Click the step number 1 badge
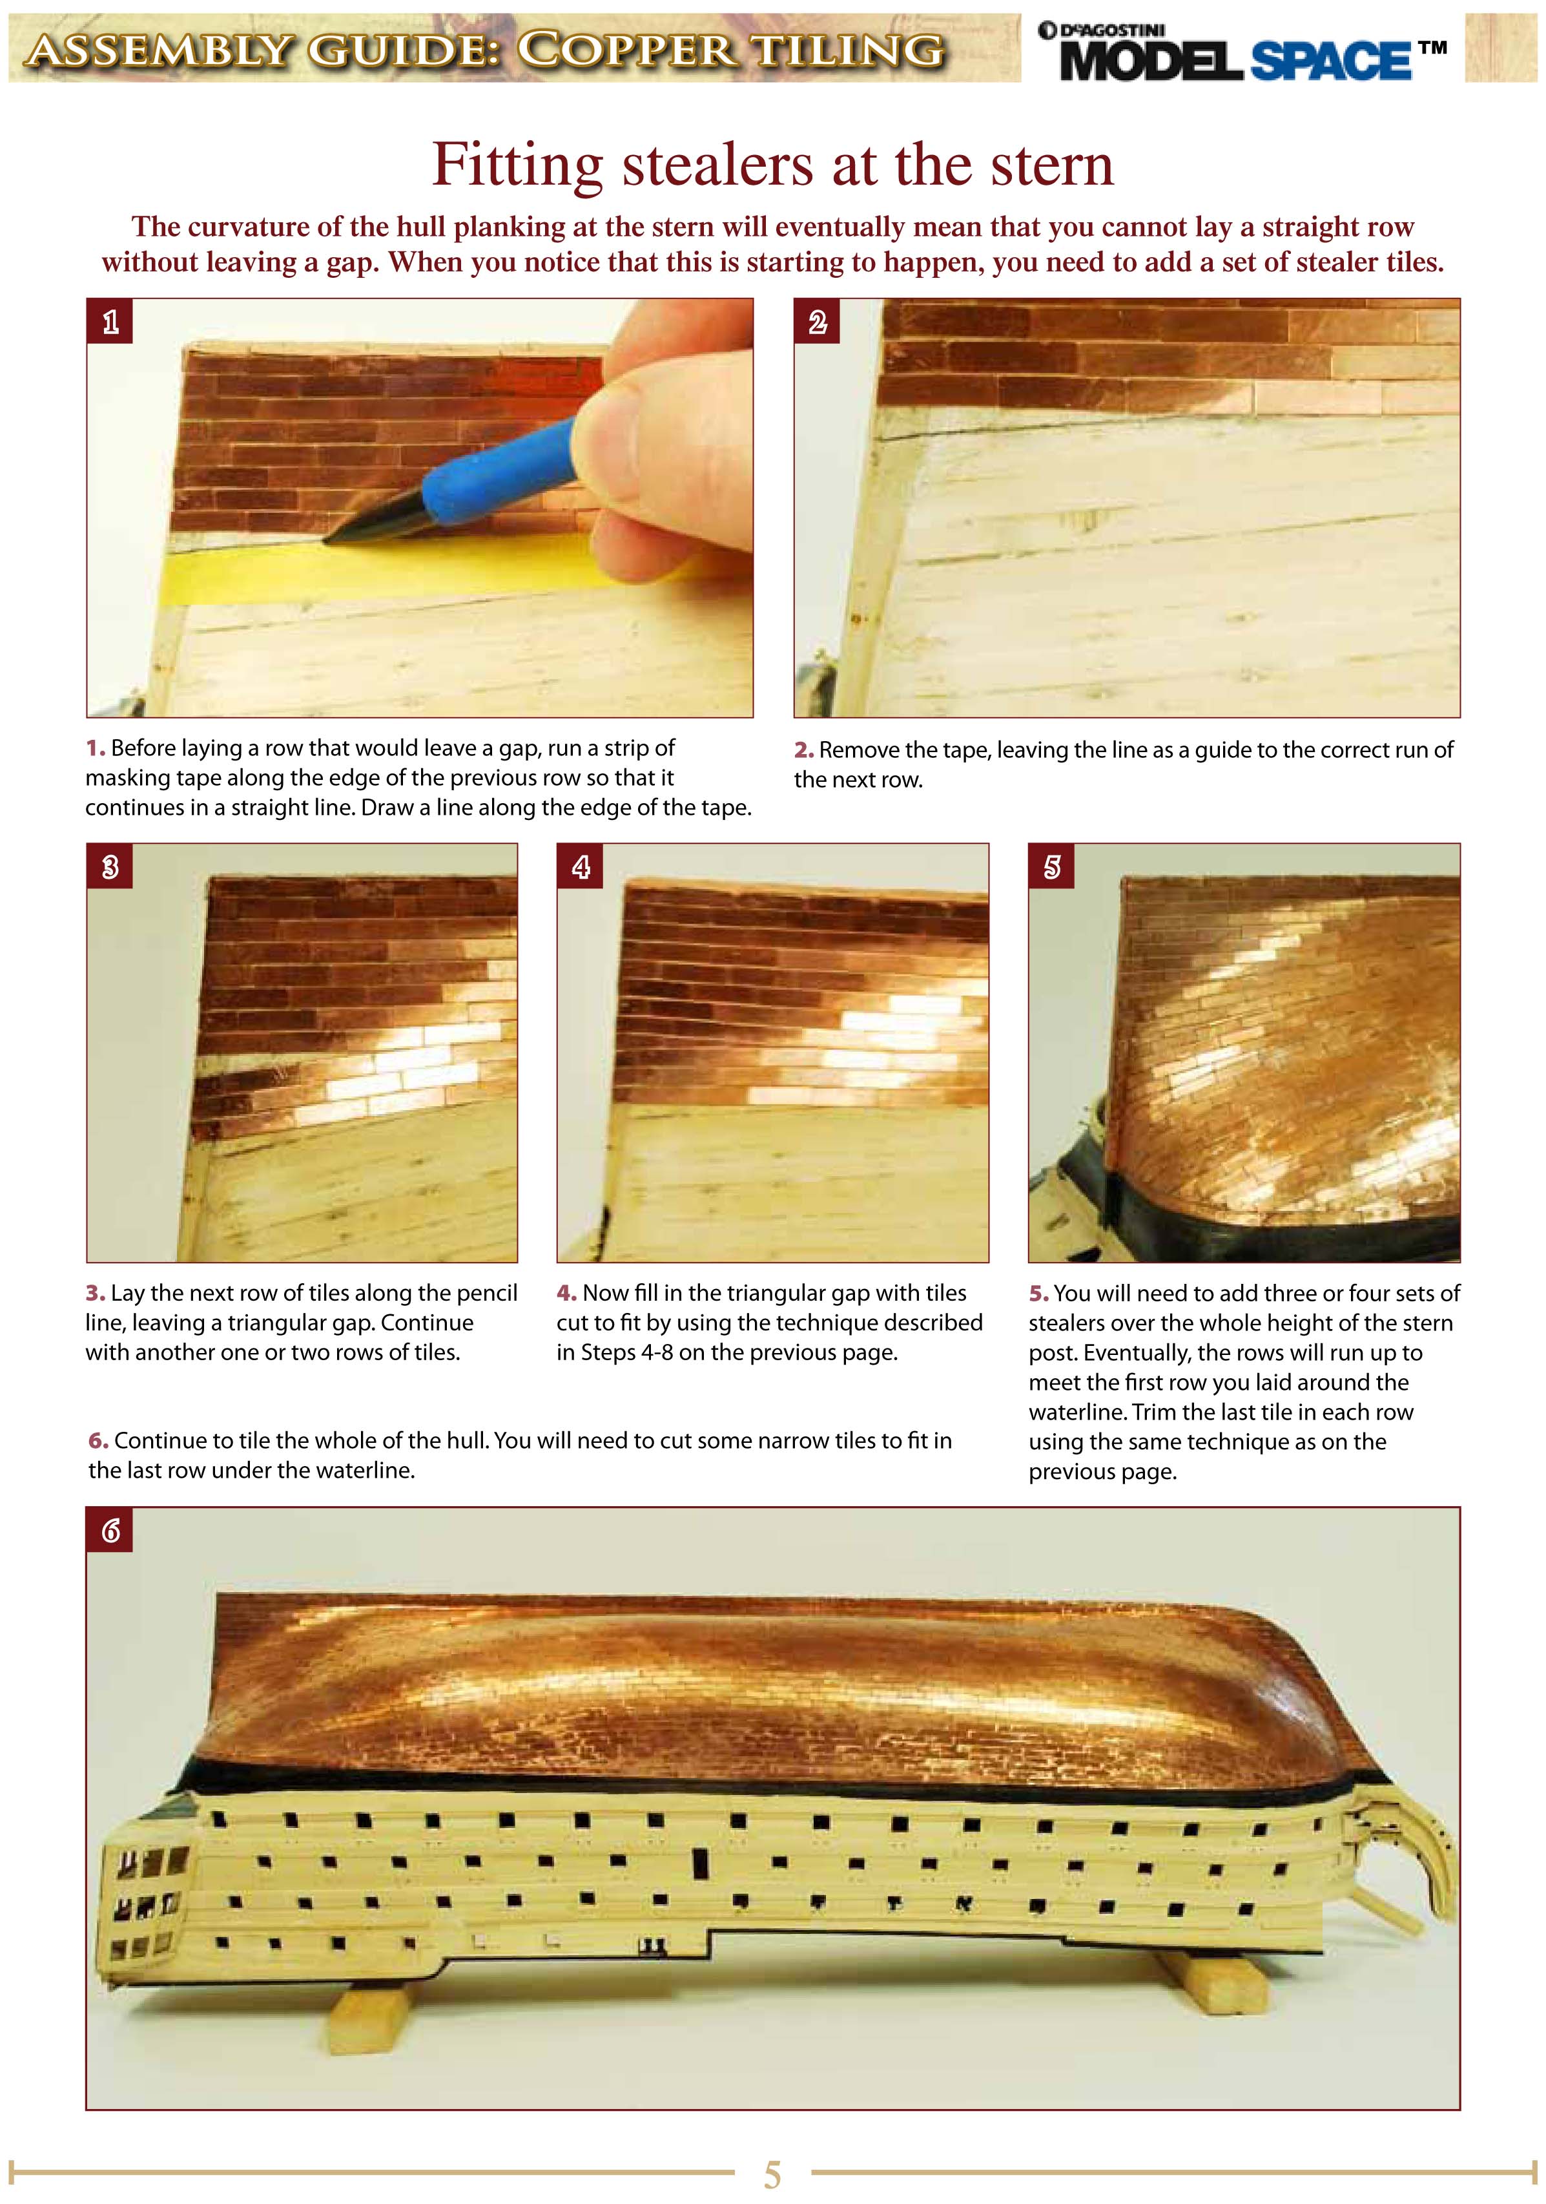point(109,322)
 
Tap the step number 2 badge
point(817,322)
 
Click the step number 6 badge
point(109,1530)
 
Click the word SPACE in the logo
point(1330,61)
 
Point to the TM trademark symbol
point(1433,47)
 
